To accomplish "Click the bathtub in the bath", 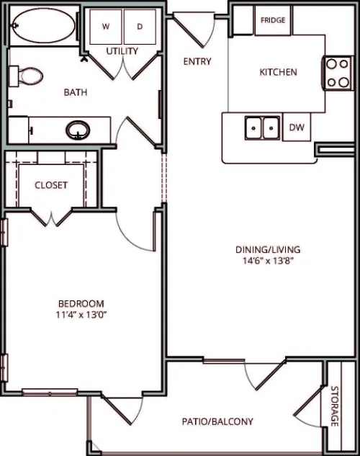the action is [44, 26].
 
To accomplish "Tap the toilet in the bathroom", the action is [26, 76].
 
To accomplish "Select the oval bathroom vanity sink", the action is [78, 130].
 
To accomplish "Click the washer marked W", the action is [106, 27].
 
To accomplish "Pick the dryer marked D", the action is [140, 27].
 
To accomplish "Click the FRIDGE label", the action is [273, 20].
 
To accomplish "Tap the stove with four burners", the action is [338, 73].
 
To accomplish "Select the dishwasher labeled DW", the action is [297, 127].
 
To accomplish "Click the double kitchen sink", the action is [262, 128].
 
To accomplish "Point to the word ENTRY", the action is [197, 61].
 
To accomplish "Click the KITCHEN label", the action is [278, 72].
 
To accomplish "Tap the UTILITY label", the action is [122, 51].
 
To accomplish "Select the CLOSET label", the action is [51, 185].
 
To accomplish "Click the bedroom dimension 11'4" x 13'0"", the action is [80, 315].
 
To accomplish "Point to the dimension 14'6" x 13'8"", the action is [267, 261].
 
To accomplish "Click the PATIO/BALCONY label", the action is [217, 421].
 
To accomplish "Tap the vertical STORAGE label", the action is [335, 406].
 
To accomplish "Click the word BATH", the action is [76, 92].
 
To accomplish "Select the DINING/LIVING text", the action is [268, 249].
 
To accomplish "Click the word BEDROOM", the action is [81, 304].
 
